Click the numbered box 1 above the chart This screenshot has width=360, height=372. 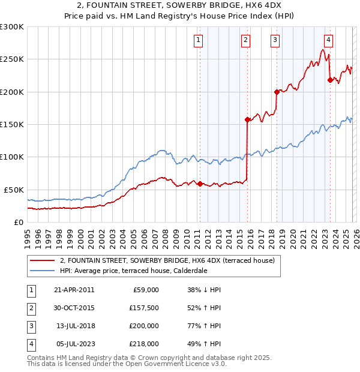pos(199,40)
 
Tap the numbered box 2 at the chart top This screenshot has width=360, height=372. pos(246,40)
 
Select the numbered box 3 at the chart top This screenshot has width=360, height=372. pos(275,40)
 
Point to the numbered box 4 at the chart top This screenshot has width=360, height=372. pos(329,40)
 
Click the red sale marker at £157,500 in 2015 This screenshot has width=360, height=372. pos(247,119)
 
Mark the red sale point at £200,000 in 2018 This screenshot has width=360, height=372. pos(277,92)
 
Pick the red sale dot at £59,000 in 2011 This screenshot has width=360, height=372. pos(200,184)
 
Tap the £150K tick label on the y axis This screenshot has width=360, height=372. pos(12,124)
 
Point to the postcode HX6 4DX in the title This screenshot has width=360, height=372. pos(261,7)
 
